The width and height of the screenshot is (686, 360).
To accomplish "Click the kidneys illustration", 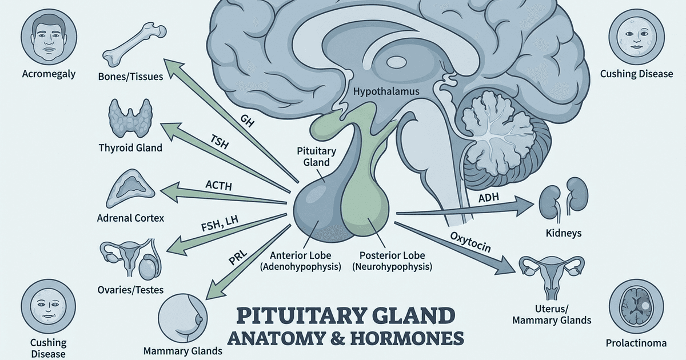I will coord(559,198).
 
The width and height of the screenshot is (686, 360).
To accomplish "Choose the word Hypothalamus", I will coord(386,91).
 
